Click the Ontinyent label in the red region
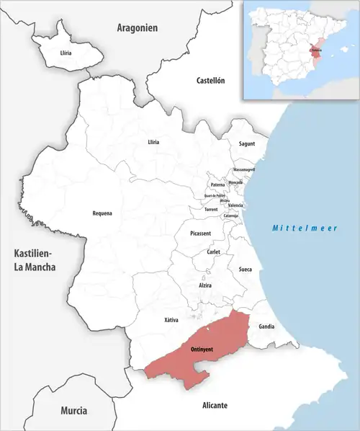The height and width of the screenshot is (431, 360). point(202,350)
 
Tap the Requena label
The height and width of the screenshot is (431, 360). point(102,213)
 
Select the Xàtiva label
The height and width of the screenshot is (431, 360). point(171,319)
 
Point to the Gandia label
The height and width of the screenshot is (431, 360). point(266,326)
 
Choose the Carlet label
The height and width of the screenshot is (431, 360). point(213,252)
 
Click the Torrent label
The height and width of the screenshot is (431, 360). point(211,210)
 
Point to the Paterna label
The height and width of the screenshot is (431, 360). point(217,185)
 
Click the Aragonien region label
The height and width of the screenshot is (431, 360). point(137,28)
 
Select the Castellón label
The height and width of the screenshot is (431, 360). point(211,81)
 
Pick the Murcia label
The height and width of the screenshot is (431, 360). point(74,410)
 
